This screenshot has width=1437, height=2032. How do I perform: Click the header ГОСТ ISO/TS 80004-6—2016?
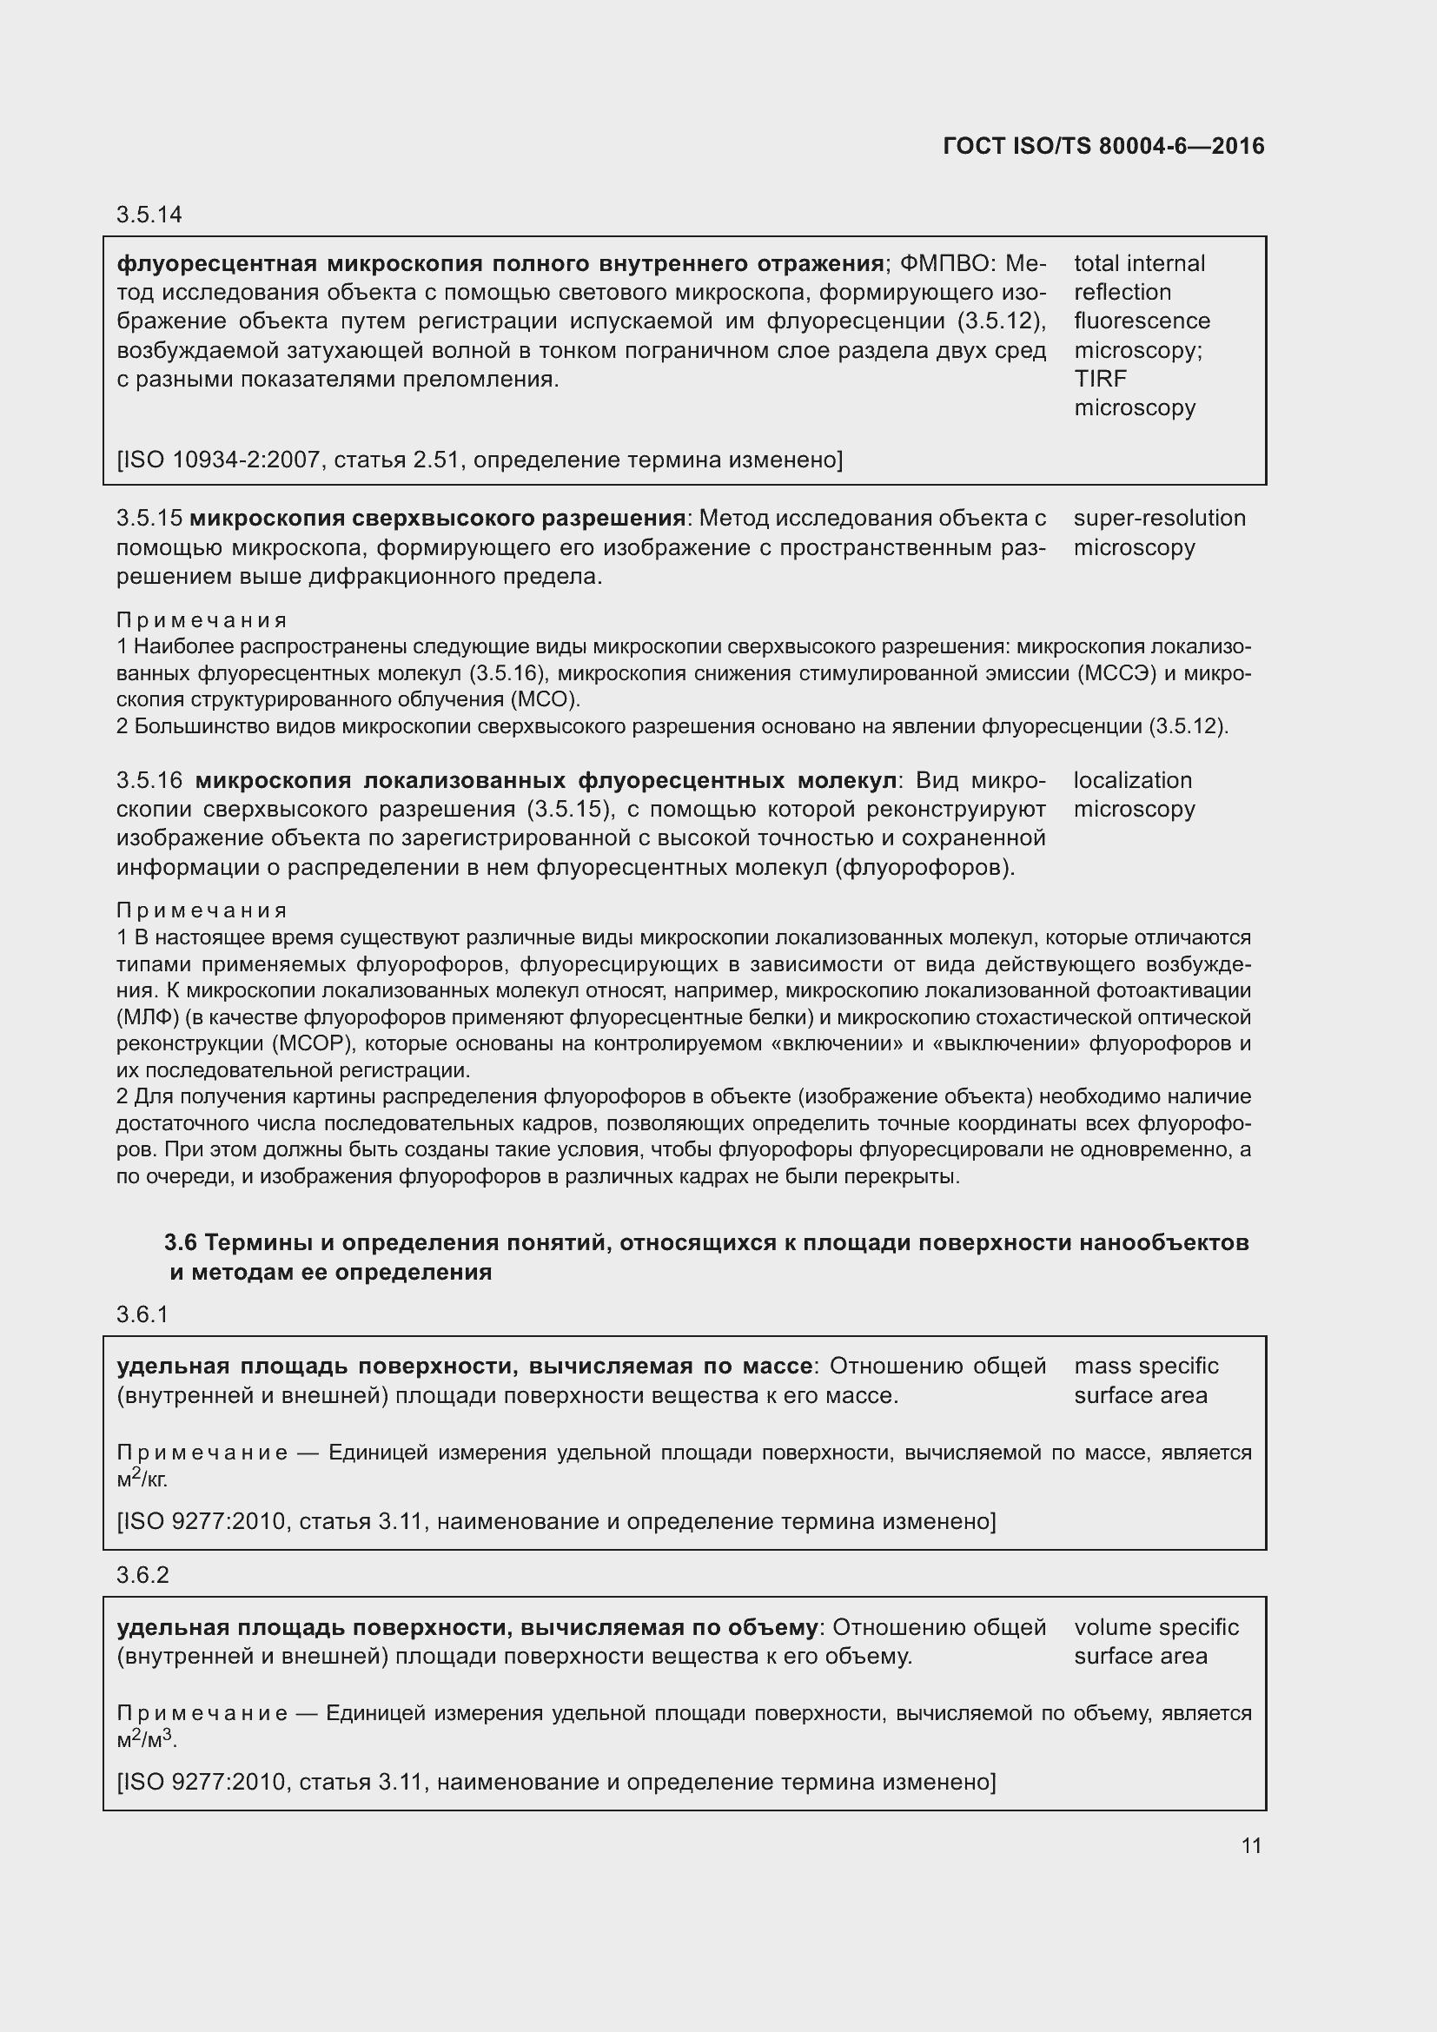pyautogui.click(x=1103, y=146)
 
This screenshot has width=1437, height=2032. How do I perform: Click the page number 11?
pyautogui.click(x=1250, y=1845)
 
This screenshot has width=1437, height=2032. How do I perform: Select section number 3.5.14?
pyautogui.click(x=149, y=215)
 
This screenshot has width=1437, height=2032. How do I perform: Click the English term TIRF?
pyautogui.click(x=1100, y=379)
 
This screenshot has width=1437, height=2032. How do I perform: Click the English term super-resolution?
pyautogui.click(x=1159, y=518)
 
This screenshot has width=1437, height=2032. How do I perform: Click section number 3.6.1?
pyautogui.click(x=142, y=1315)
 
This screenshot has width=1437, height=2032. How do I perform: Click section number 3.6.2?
pyautogui.click(x=142, y=1575)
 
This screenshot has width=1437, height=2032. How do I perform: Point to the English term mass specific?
pyautogui.click(x=1146, y=1366)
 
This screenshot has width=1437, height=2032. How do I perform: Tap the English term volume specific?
pyautogui.click(x=1156, y=1626)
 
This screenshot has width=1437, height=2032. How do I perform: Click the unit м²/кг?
pyautogui.click(x=142, y=1478)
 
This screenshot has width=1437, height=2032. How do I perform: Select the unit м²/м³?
pyautogui.click(x=146, y=1739)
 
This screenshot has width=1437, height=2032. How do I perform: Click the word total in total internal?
pyautogui.click(x=1097, y=263)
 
